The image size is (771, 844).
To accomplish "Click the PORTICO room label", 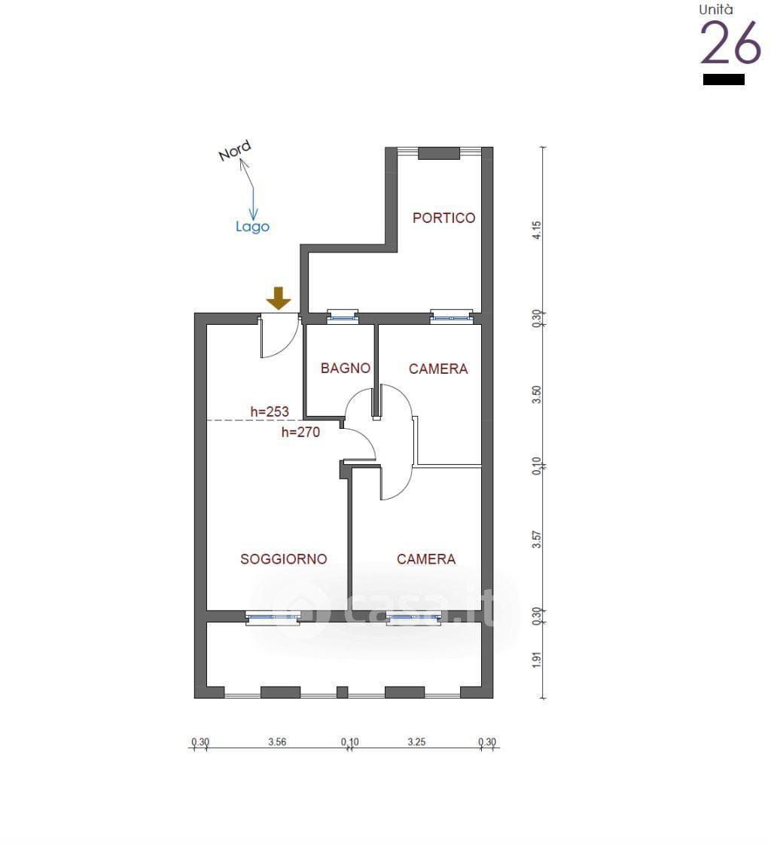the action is pyautogui.click(x=443, y=218).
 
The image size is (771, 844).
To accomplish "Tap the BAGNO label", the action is pyautogui.click(x=345, y=368).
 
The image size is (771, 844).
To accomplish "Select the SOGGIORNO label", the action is pyautogui.click(x=283, y=559).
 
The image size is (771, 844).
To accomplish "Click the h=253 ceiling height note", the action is pyautogui.click(x=270, y=411).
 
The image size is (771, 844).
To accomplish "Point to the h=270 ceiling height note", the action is pyautogui.click(x=300, y=432).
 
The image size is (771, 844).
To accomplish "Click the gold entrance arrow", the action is pyautogui.click(x=279, y=298).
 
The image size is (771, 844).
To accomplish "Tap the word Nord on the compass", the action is pyautogui.click(x=234, y=151).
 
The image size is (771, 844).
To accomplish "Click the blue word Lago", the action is pyautogui.click(x=252, y=227).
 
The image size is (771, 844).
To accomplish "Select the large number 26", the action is pyautogui.click(x=730, y=43).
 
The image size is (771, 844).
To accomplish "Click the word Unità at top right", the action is pyautogui.click(x=715, y=10).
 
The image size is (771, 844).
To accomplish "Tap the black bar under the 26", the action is pyautogui.click(x=724, y=80).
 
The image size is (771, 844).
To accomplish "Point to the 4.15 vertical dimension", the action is pyautogui.click(x=537, y=231).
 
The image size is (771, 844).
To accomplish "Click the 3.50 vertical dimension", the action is pyautogui.click(x=537, y=395).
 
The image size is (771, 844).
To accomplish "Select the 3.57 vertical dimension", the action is pyautogui.click(x=537, y=539).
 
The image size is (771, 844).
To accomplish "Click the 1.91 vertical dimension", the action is pyautogui.click(x=537, y=660).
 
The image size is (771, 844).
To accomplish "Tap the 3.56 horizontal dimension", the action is pyautogui.click(x=277, y=742).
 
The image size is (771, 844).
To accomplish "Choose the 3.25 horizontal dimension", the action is pyautogui.click(x=416, y=742).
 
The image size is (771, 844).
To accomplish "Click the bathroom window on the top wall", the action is pyautogui.click(x=343, y=317).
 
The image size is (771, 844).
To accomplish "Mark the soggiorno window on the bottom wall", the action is pyautogui.click(x=273, y=618).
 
